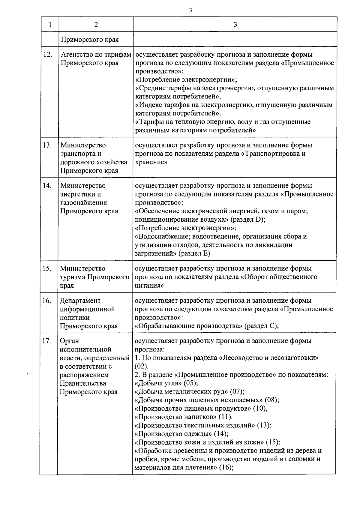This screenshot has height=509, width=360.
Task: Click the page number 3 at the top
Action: [190, 10]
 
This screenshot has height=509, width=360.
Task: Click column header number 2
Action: [96, 25]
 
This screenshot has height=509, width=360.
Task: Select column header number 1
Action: [50, 25]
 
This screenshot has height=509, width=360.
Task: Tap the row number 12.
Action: [48, 55]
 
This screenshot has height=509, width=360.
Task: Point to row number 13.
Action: [48, 145]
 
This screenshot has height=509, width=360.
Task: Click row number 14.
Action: [47, 186]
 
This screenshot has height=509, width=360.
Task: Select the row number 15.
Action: [47, 268]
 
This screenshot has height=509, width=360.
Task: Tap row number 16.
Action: [47, 301]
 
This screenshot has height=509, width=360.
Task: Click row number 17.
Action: [47, 341]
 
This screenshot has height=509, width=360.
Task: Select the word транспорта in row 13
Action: [76, 154]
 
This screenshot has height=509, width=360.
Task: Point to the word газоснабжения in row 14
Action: [84, 202]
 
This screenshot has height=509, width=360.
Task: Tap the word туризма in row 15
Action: [73, 277]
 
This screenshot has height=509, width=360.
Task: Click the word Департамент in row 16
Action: [80, 301]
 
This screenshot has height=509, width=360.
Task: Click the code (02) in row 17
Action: [141, 366]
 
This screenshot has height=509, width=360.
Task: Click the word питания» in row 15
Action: [149, 286]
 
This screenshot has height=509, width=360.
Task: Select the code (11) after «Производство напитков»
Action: [225, 417]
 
